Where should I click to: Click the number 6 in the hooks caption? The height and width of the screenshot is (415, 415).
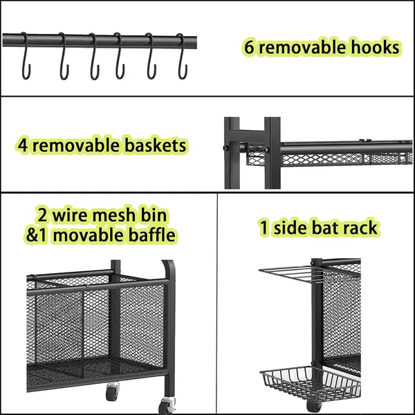(x=248, y=47)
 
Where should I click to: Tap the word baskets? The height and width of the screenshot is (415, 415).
(x=156, y=145)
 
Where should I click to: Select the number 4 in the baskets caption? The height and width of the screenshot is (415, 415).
(x=23, y=145)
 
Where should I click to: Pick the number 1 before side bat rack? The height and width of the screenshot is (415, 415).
(x=264, y=228)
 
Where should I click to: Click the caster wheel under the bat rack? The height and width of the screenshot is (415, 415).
(x=314, y=405)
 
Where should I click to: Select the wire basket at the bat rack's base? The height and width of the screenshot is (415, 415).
(x=310, y=383)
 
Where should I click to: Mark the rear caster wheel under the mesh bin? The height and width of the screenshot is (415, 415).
(x=113, y=391)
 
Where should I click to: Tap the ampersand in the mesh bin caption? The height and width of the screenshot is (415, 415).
(x=31, y=235)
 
